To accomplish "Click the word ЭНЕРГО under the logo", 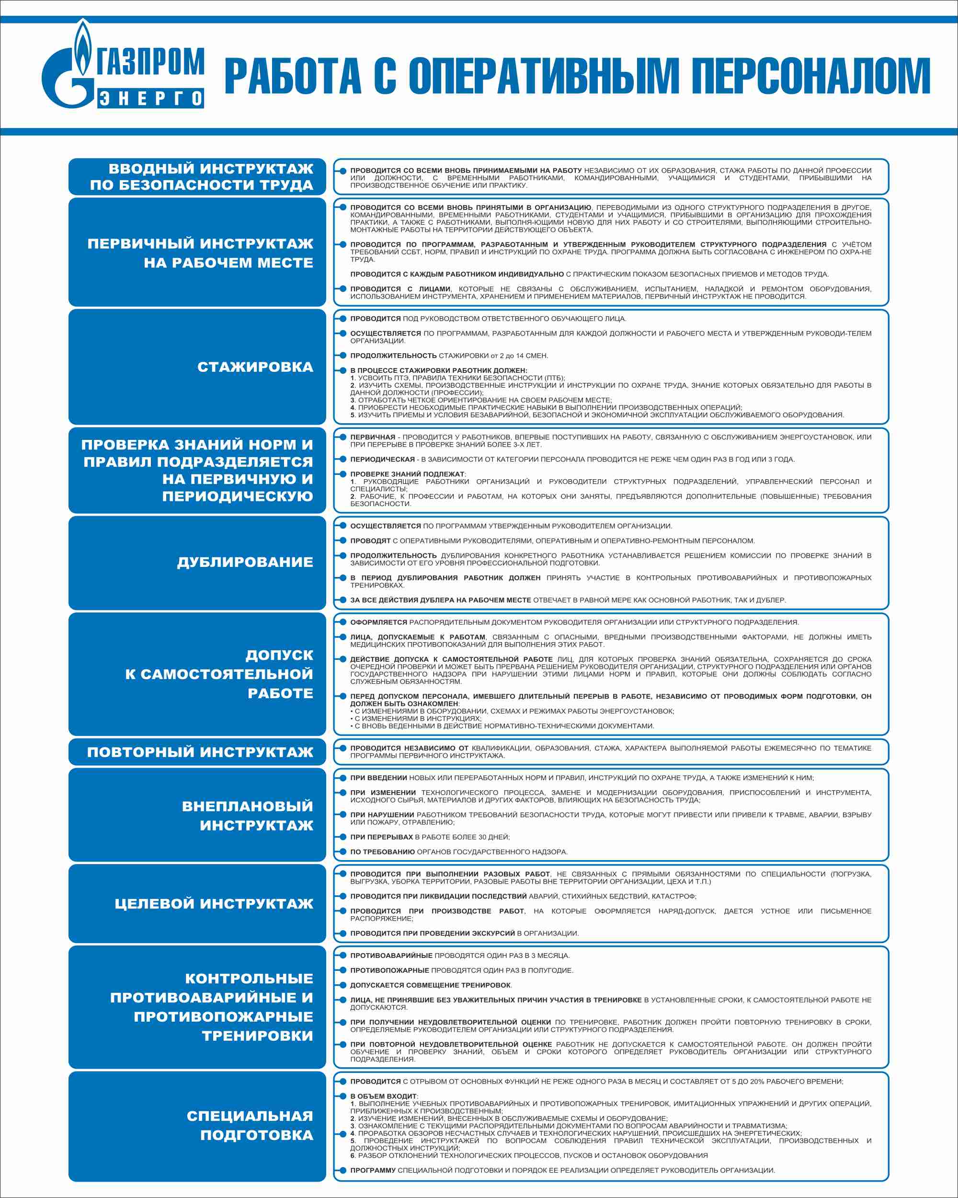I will point(150,98).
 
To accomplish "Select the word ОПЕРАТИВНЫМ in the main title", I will point(544,76).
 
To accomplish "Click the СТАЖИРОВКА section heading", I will point(255,367).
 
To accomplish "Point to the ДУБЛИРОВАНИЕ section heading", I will point(245,562).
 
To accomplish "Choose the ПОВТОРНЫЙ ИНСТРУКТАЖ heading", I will point(200,752).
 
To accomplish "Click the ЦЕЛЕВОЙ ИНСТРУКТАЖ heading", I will point(214,903).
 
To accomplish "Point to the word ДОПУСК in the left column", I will point(279,655).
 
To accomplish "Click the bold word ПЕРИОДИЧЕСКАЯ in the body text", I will point(382,460).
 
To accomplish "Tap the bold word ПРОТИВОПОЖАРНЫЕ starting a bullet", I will point(389,970).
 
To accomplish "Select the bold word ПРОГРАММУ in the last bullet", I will point(373,1170).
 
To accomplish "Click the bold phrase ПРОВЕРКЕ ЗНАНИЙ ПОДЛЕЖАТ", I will point(407,474).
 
